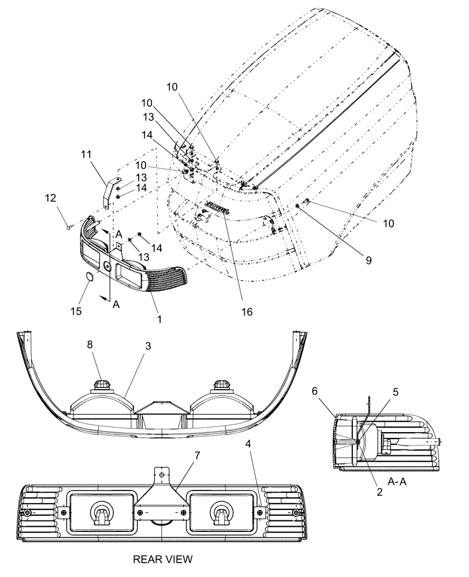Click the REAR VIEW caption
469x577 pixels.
coord(162,559)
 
